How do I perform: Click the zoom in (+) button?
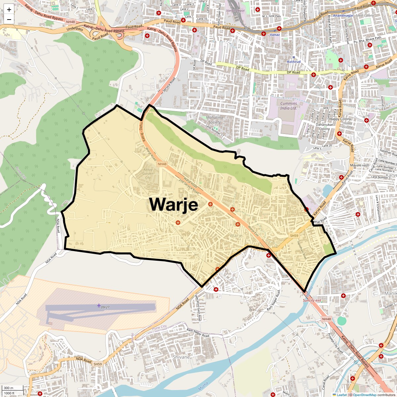point(9,10)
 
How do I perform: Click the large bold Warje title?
point(174,204)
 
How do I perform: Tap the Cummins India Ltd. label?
point(289,106)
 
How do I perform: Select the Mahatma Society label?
point(214,120)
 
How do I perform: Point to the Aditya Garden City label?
point(148,173)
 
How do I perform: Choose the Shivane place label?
point(181,357)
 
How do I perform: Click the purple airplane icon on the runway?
point(99,305)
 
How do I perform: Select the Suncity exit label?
point(312,300)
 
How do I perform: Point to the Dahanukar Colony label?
point(324,127)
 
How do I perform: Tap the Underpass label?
point(74,29)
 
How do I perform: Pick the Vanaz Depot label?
point(235,11)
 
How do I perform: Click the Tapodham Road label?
point(302,250)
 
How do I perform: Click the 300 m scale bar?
point(9,388)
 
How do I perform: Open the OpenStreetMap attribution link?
point(364,395)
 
